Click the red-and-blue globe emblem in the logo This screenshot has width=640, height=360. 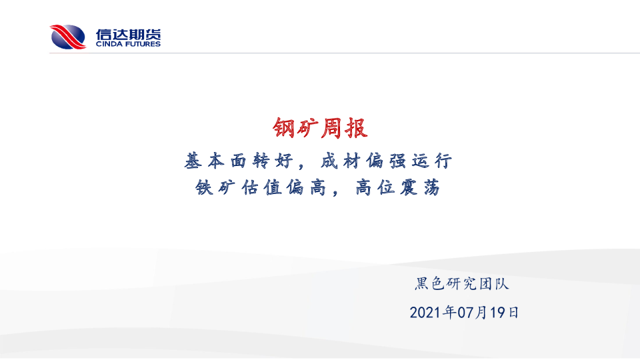point(68,37)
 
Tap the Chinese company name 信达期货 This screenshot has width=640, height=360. point(128,34)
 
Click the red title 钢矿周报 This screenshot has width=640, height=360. point(321,128)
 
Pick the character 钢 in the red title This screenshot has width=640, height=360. point(284,128)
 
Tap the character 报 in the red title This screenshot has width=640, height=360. point(356,128)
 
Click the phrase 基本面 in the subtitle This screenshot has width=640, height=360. point(215,161)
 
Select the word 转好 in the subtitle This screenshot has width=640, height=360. point(273,161)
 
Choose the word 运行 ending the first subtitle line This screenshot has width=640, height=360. point(431,161)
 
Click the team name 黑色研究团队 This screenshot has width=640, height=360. point(462,284)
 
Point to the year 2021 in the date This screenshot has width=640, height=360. point(426,313)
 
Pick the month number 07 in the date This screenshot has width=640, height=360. point(465,313)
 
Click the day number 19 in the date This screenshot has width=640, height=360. point(497,313)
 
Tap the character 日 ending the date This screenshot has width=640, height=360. point(513,313)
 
